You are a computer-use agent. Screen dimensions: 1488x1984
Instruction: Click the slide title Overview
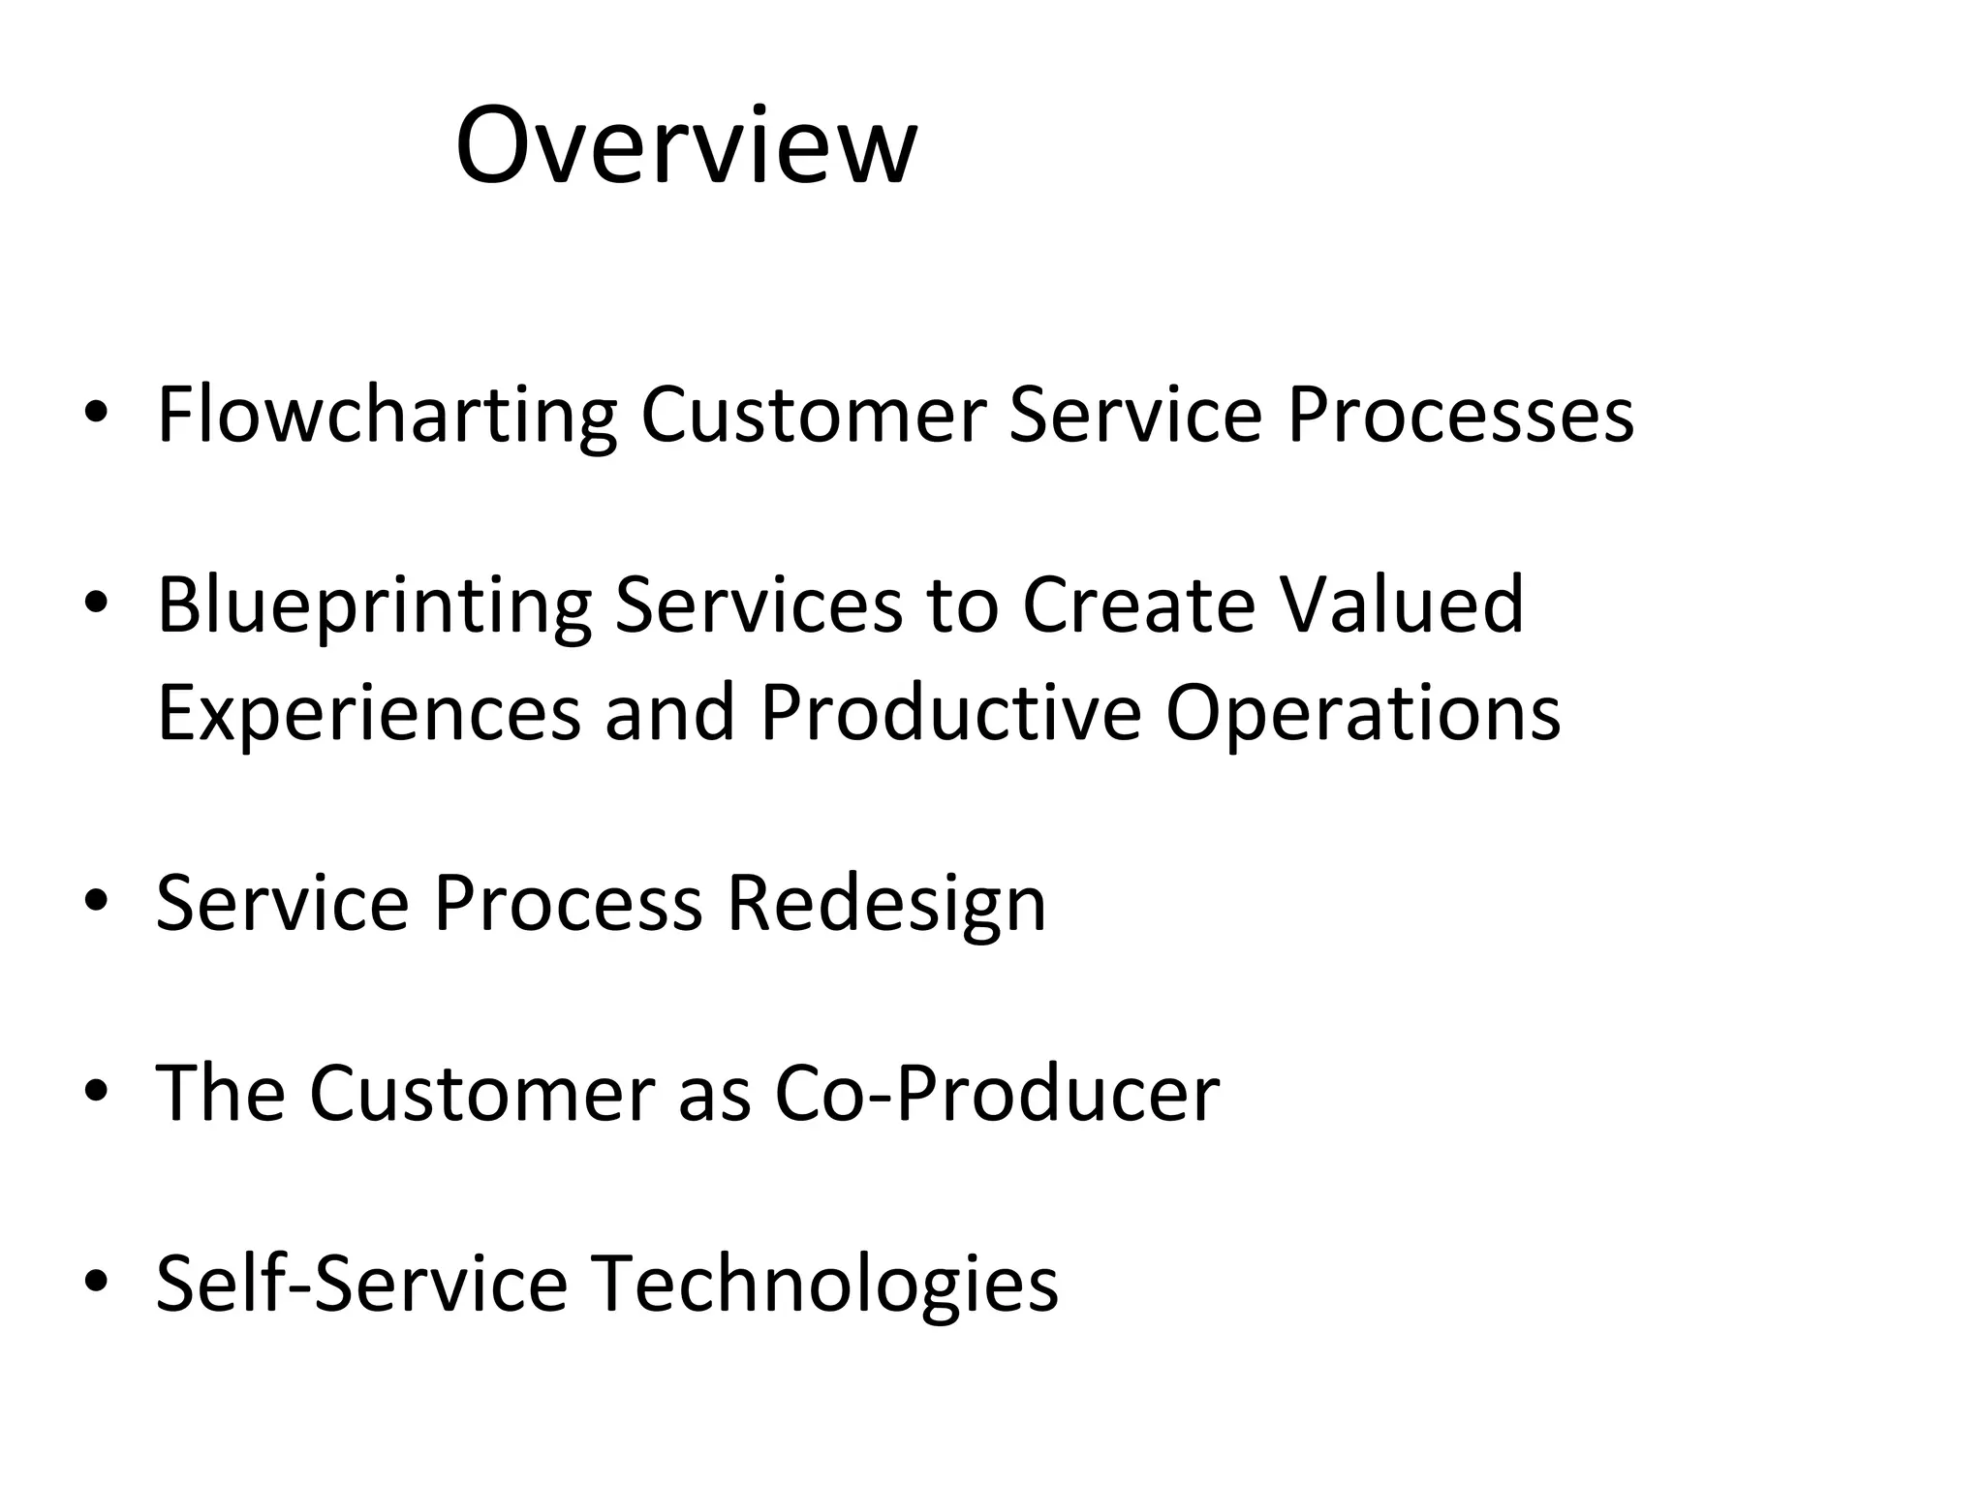tap(685, 147)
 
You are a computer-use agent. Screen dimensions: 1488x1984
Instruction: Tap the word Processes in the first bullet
tap(1460, 415)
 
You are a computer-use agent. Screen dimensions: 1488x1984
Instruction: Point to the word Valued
tap(1403, 604)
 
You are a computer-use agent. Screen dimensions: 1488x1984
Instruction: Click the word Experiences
tap(369, 712)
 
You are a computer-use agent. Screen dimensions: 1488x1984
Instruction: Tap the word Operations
tap(1362, 712)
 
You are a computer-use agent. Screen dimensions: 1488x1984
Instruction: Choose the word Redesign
tap(886, 903)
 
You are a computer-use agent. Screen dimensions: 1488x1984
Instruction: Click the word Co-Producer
tap(997, 1093)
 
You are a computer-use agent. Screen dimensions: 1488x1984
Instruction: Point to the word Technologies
tap(824, 1283)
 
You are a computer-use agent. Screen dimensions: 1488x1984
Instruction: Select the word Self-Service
tap(361, 1283)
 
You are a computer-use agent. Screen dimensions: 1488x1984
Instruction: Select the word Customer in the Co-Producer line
tap(481, 1093)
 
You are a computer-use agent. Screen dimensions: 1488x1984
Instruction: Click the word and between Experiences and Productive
tap(669, 712)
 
